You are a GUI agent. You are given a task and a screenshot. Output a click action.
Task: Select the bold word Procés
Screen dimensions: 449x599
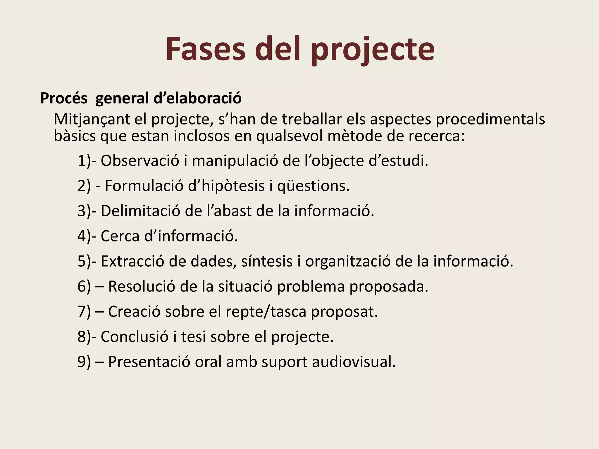(64, 98)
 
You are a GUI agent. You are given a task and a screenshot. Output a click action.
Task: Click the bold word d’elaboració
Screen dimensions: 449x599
(197, 98)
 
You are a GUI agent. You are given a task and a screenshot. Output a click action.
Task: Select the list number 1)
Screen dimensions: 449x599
(84, 161)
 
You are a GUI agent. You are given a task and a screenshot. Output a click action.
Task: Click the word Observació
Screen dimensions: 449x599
(140, 161)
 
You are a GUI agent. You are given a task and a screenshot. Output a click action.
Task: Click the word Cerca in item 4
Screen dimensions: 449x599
(120, 236)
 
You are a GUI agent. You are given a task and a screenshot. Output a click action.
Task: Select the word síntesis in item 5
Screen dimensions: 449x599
(267, 261)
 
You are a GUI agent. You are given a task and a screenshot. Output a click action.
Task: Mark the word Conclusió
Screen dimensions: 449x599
(135, 337)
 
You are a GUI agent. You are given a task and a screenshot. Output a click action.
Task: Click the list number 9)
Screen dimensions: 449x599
(84, 362)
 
